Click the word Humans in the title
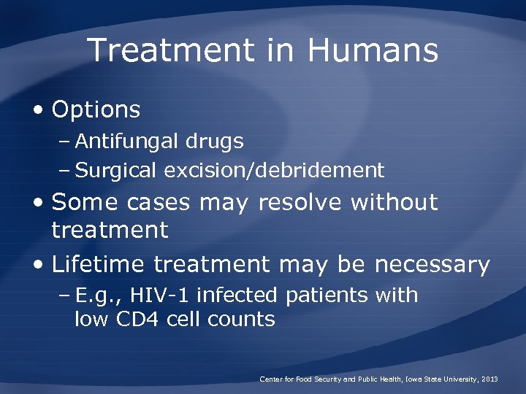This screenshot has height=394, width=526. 373,51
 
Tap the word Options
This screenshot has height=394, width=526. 96,110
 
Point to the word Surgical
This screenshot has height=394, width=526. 117,171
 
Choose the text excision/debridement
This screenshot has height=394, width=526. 275,171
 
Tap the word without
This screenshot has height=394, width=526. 394,202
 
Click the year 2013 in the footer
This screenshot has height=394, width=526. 489,379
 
